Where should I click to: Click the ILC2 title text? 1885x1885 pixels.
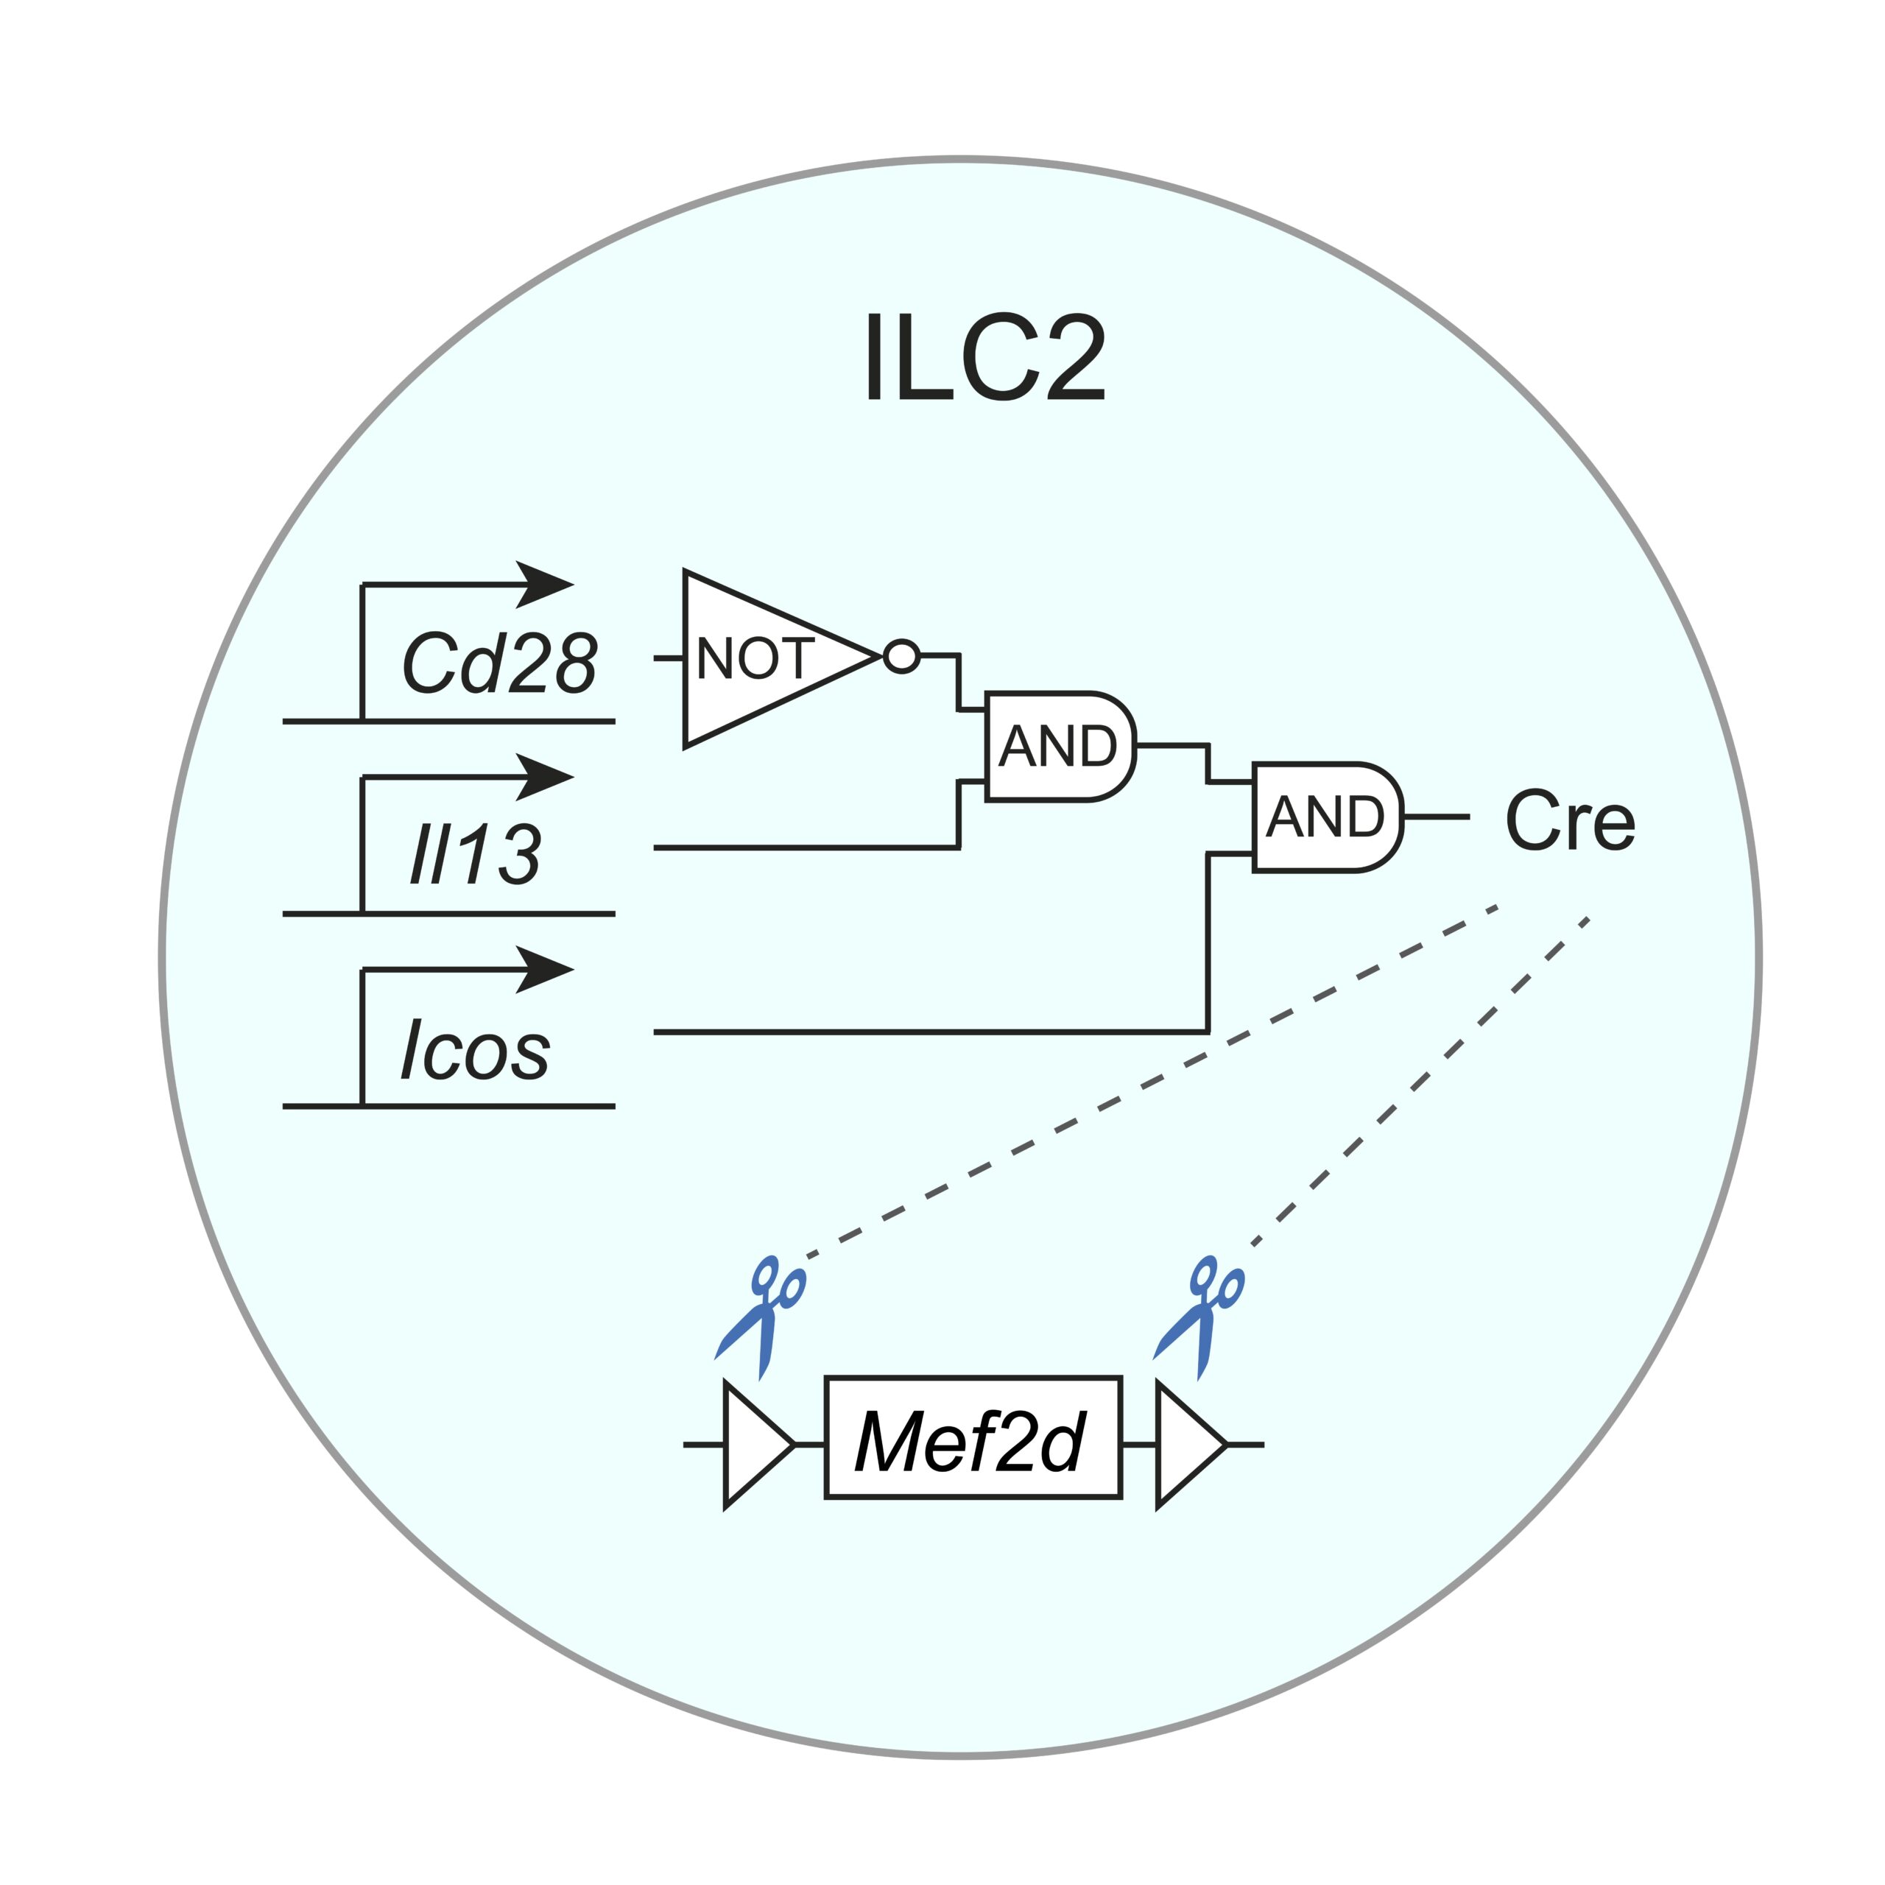(x=985, y=358)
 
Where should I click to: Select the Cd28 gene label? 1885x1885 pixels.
(x=498, y=663)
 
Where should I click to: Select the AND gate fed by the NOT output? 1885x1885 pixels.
(x=1059, y=747)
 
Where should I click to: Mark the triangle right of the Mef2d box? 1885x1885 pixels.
(x=1185, y=1445)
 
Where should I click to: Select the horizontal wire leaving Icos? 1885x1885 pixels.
(x=927, y=1032)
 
